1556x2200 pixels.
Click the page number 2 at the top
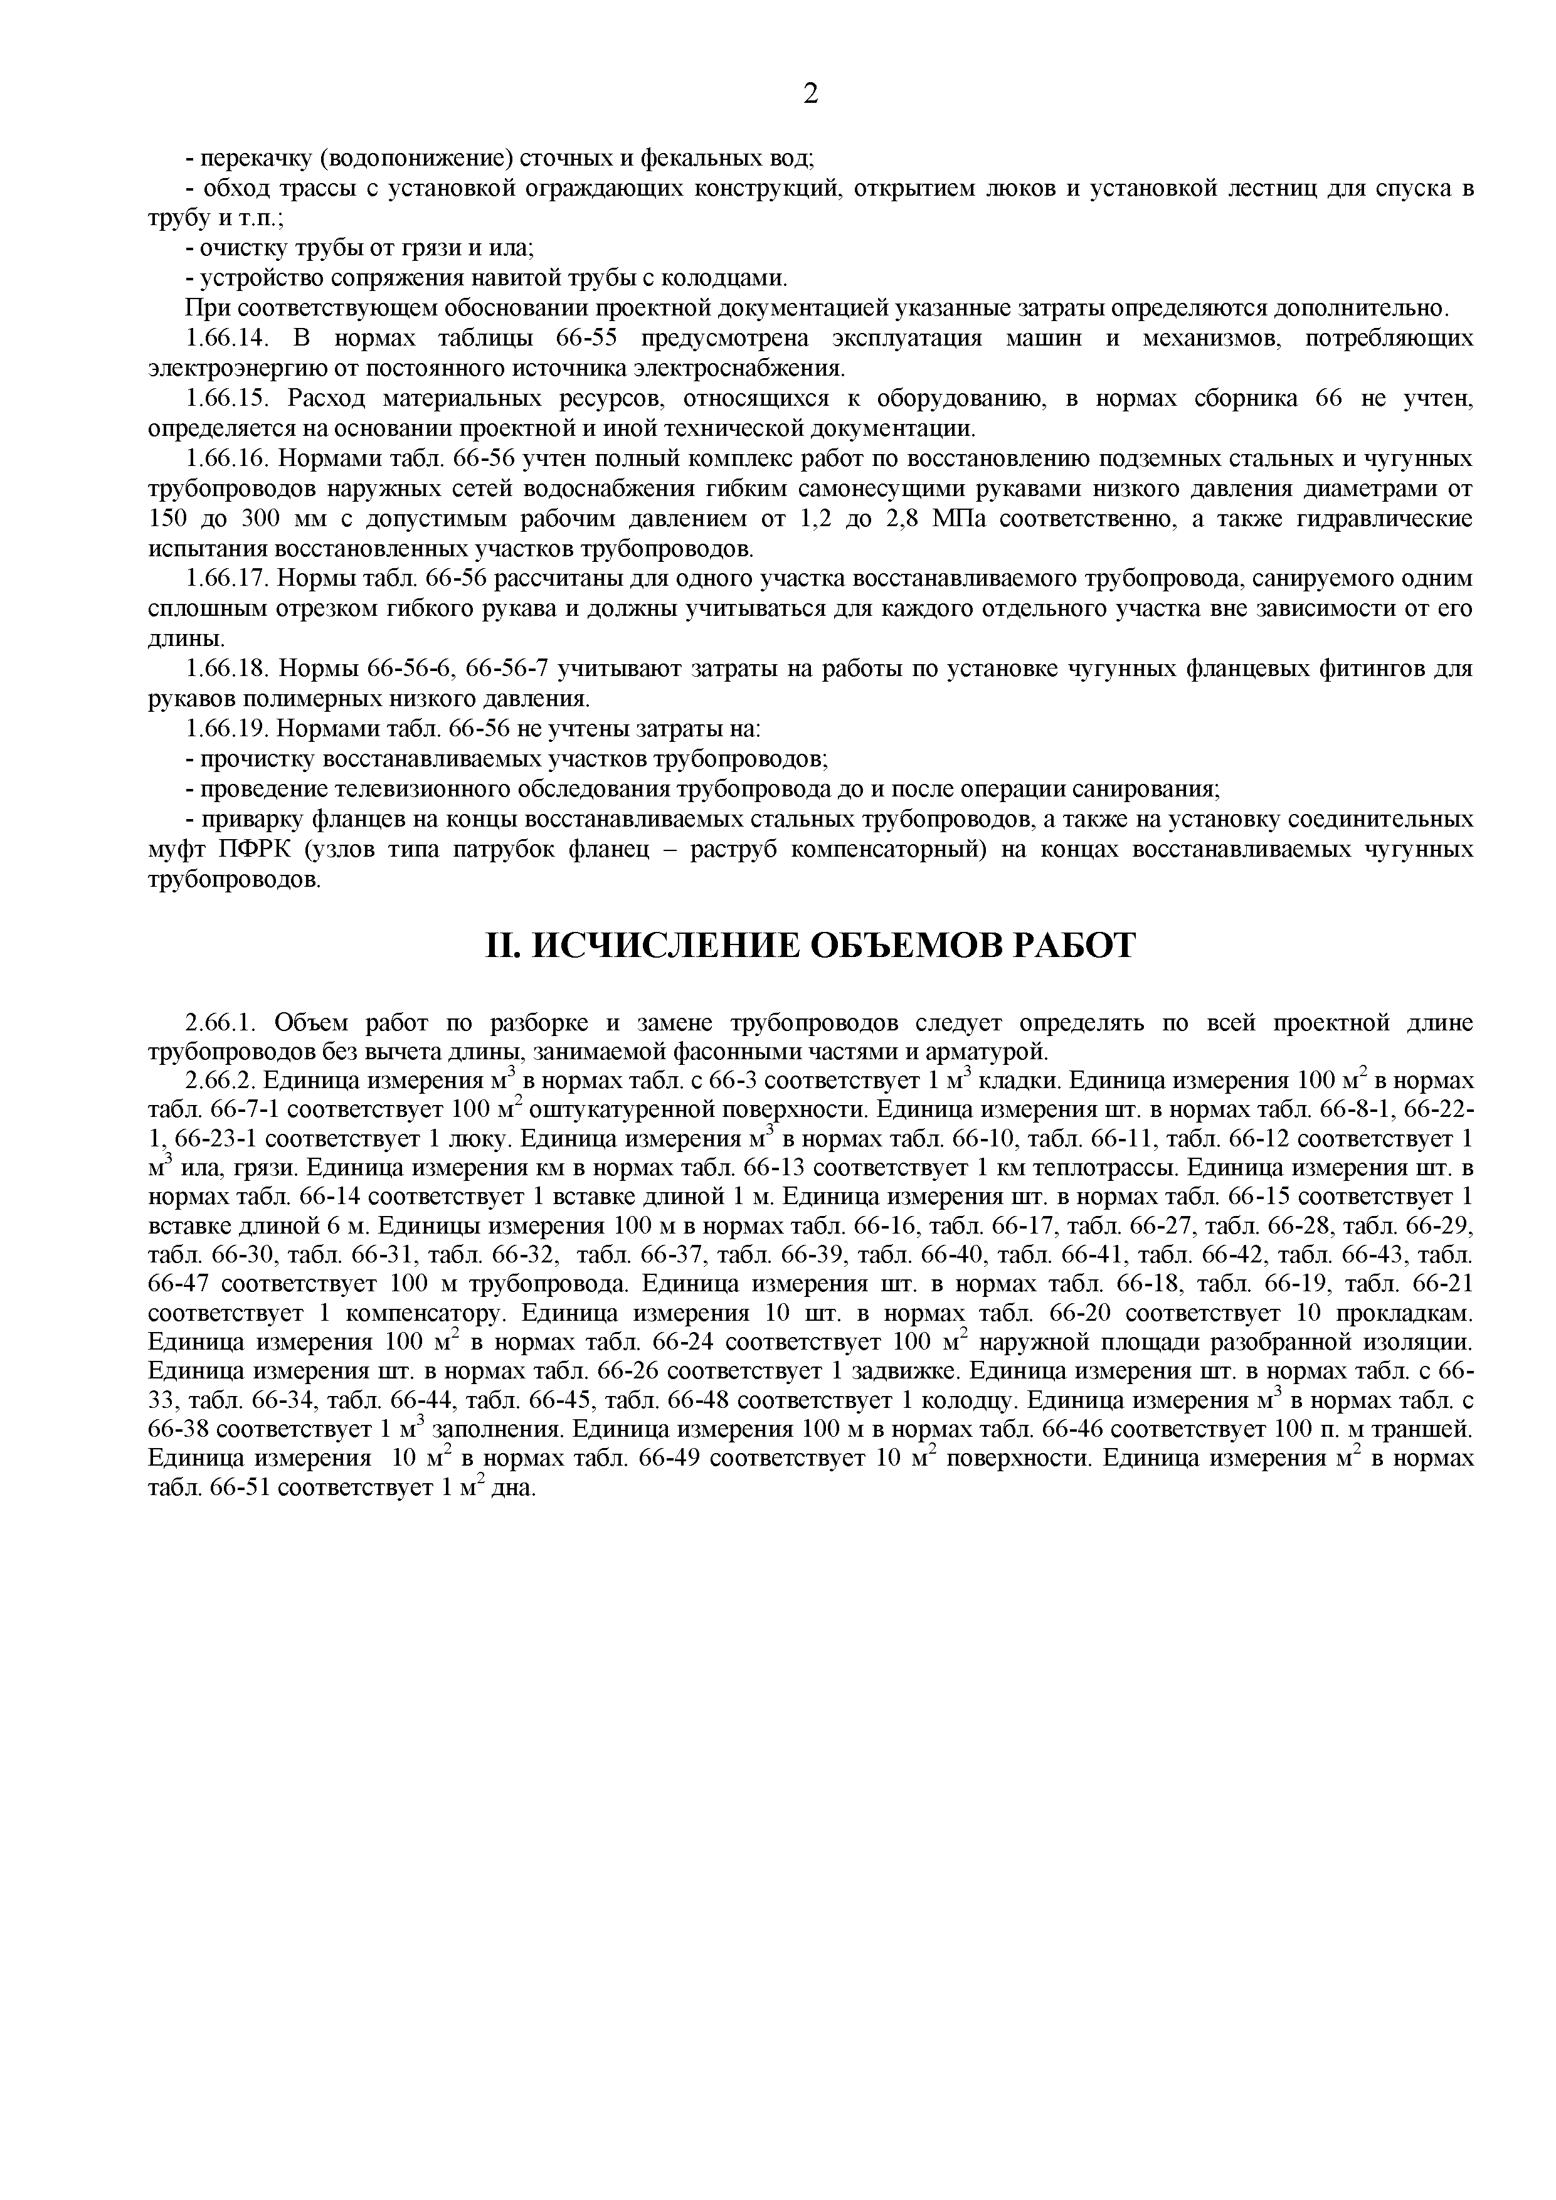pos(810,94)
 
